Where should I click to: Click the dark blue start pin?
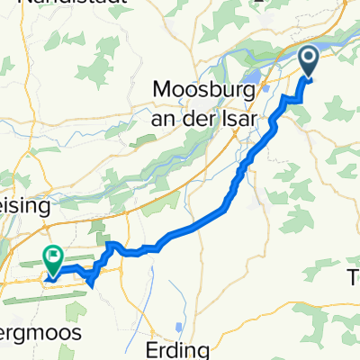(x=308, y=61)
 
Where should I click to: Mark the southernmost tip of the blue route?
(x=91, y=285)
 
